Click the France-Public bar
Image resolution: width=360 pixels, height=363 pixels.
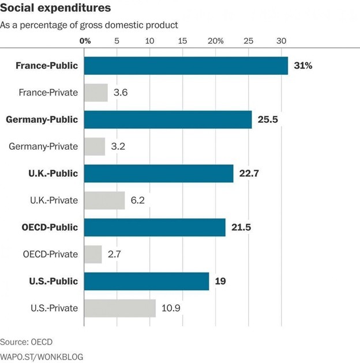[186, 66]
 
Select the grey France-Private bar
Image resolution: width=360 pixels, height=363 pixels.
[96, 93]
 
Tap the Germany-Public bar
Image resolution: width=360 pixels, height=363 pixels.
[168, 120]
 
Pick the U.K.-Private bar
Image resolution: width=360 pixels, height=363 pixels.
[104, 201]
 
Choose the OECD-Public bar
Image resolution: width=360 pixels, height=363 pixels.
[155, 228]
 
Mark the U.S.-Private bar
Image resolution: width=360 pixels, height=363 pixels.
[120, 308]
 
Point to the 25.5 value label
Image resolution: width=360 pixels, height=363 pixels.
[268, 120]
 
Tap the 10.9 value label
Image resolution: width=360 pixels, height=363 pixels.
[171, 308]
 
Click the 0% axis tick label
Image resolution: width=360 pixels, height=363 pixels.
[85, 41]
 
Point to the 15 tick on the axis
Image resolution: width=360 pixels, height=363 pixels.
[183, 41]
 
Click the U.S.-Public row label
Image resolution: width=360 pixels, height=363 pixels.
[53, 281]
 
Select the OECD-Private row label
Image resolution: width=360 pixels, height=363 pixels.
[50, 254]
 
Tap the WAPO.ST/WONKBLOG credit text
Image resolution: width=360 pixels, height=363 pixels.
[42, 357]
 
